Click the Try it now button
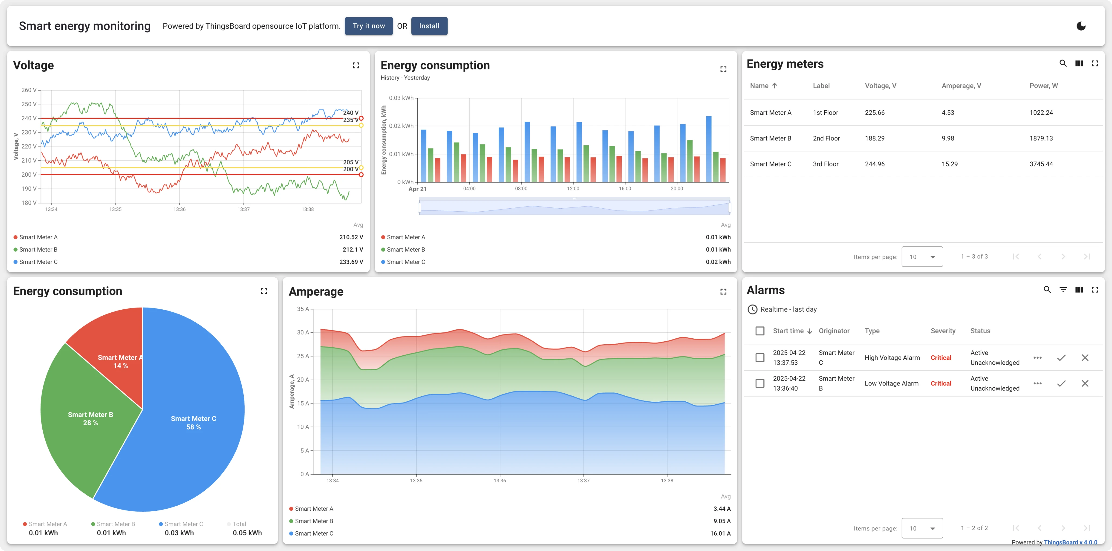point(368,26)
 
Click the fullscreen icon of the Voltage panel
point(356,65)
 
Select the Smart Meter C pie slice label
point(193,422)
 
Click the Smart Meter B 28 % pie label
point(90,418)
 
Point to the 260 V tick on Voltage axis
point(29,90)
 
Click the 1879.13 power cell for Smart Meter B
point(1041,138)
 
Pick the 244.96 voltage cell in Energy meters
point(875,164)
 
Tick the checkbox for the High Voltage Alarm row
point(760,358)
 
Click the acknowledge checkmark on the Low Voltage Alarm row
point(1061,384)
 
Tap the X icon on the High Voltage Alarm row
point(1084,358)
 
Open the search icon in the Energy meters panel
point(1063,64)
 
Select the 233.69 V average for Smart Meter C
point(351,262)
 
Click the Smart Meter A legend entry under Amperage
point(313,509)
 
